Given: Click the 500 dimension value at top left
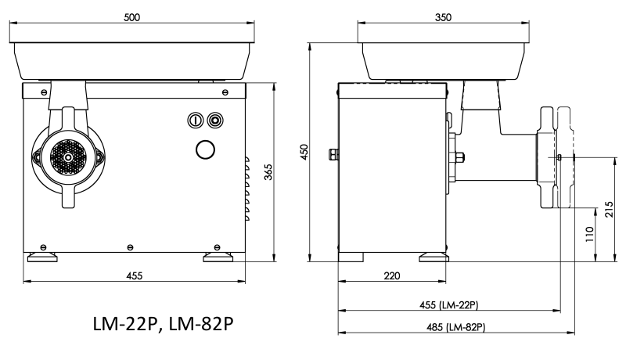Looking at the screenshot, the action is (x=131, y=17).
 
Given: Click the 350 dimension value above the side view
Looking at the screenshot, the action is (x=443, y=17).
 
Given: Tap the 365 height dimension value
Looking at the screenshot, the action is (x=268, y=172).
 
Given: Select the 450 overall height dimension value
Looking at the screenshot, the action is (x=304, y=152).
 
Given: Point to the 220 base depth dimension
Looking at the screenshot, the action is (x=392, y=275).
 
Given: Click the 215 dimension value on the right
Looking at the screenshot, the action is (x=610, y=209).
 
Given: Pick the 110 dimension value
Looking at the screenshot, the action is (x=590, y=234).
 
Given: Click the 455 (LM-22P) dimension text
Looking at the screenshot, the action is (x=448, y=305).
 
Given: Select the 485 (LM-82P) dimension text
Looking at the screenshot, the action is (x=456, y=327).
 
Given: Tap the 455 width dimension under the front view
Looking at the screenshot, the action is (x=134, y=275).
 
